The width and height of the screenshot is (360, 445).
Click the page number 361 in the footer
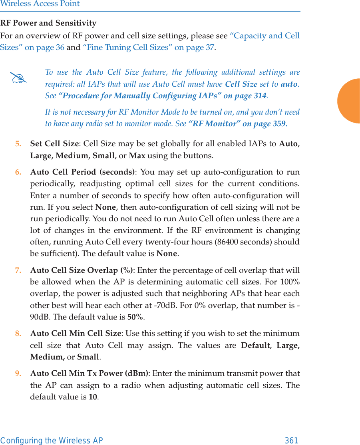point(291,441)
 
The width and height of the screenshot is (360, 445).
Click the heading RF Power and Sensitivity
point(48,23)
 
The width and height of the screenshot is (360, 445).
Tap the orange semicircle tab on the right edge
point(350,101)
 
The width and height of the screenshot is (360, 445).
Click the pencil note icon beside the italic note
point(19,78)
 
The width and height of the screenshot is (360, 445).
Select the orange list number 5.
point(18,143)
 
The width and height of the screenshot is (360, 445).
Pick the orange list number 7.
point(18,270)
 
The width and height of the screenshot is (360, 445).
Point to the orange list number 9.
point(18,373)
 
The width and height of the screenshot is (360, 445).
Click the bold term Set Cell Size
point(54,143)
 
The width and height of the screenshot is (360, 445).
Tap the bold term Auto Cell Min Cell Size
point(76,333)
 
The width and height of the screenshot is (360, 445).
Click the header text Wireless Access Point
point(40,4)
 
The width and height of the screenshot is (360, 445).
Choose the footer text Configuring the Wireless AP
point(52,441)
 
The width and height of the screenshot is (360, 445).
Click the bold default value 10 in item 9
point(93,397)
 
